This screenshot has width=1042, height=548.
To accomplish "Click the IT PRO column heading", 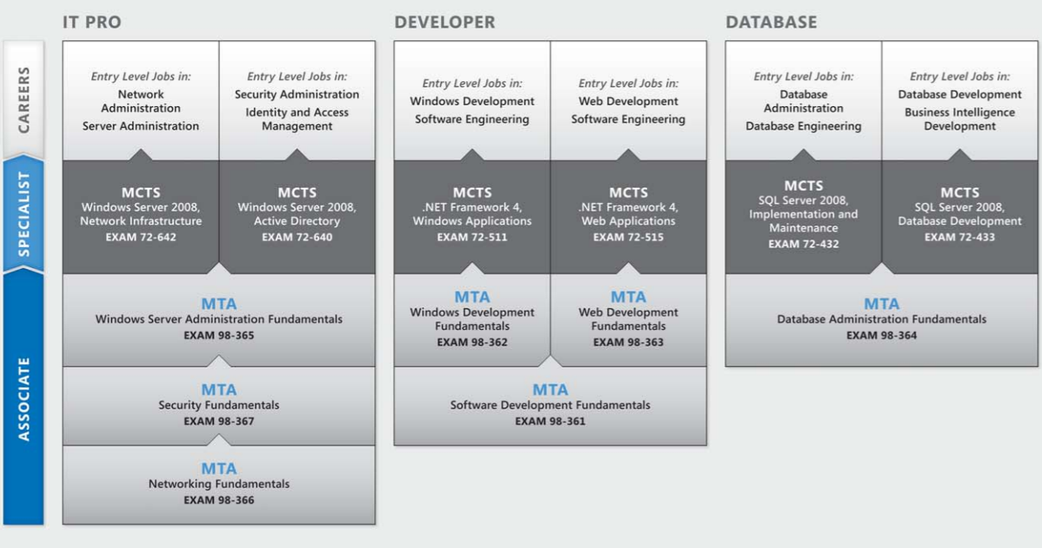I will [92, 23].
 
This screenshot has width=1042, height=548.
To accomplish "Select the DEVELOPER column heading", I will [444, 23].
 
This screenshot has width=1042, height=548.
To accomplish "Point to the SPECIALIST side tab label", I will [23, 215].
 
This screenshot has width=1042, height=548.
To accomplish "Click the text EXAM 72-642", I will [140, 236].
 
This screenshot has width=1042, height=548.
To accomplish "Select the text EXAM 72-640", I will [297, 236].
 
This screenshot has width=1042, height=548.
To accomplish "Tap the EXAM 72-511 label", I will [472, 236].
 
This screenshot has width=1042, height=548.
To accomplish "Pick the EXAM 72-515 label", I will [628, 236].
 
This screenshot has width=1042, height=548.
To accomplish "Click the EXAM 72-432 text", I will [804, 244].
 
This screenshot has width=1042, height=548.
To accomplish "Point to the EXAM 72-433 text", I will [960, 236].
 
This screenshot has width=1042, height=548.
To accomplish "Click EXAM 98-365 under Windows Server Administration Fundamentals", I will [219, 335].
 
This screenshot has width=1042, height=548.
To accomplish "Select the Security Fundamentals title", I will [219, 405].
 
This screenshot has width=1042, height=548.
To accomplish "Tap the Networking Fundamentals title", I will [219, 484].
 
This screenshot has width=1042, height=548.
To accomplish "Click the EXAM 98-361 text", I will [550, 421].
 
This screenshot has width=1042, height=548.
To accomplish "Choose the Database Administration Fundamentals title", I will [882, 319].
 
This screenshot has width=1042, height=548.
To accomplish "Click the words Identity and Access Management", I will [297, 119].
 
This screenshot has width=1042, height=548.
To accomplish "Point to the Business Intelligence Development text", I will [960, 119].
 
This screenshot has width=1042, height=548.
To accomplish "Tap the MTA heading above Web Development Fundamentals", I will [628, 297].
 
